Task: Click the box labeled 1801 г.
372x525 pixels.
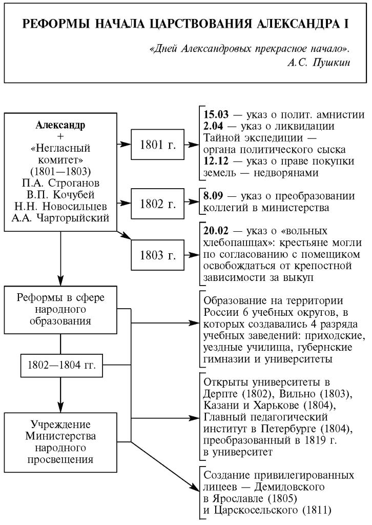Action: pos(158,145)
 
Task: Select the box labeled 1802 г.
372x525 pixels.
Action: pos(158,203)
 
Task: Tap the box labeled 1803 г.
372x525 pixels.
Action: pos(158,255)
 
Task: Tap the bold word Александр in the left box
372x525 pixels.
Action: pos(61,125)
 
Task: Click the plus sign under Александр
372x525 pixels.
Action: pos(61,137)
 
